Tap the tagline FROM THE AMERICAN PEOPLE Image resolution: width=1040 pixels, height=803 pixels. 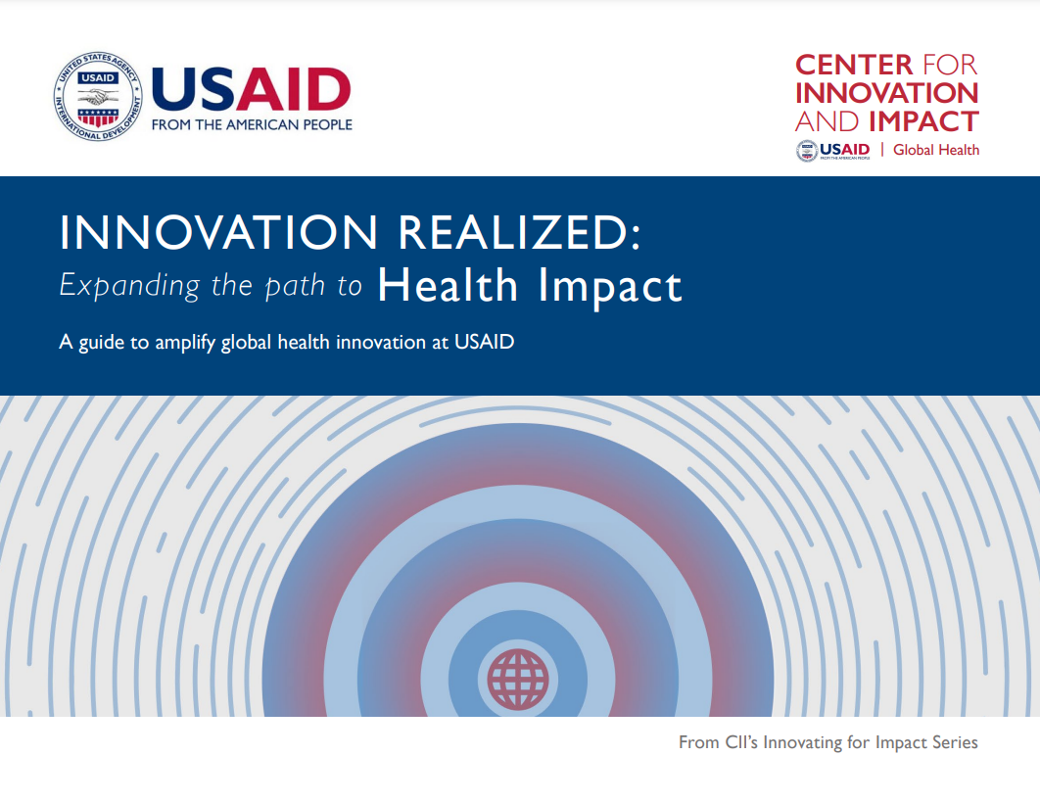pyautogui.click(x=251, y=124)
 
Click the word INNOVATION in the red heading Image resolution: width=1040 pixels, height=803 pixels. pyautogui.click(x=886, y=93)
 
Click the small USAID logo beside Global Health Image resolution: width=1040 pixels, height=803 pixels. pyautogui.click(x=832, y=150)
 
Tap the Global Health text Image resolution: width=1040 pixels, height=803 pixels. pyautogui.click(x=936, y=150)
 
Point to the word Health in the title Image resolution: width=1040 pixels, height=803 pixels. pyautogui.click(x=448, y=284)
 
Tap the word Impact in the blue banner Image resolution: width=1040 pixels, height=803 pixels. pyautogui.click(x=609, y=284)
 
